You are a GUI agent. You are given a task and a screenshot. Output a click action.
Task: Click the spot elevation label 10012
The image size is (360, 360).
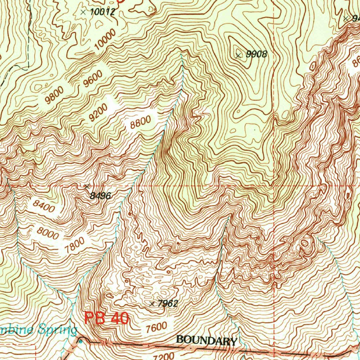tap(102, 12)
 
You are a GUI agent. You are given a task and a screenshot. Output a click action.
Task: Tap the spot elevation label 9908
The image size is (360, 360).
tap(257, 54)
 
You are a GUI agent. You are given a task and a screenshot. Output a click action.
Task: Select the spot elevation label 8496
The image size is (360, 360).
tap(100, 196)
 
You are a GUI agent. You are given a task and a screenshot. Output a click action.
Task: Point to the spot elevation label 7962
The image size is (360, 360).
tap(168, 304)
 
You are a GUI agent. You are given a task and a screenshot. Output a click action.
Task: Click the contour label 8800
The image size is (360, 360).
tap(140, 123)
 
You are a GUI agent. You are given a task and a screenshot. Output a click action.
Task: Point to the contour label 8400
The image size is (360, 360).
tap(45, 206)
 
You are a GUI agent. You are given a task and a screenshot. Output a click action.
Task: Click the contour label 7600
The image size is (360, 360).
tap(156, 327)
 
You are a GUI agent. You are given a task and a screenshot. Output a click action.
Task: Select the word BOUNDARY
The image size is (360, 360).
tap(206, 340)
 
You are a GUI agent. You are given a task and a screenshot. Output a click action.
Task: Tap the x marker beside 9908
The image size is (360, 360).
tap(239, 55)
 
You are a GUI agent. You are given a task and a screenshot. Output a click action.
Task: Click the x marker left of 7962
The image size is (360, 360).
tap(152, 304)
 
